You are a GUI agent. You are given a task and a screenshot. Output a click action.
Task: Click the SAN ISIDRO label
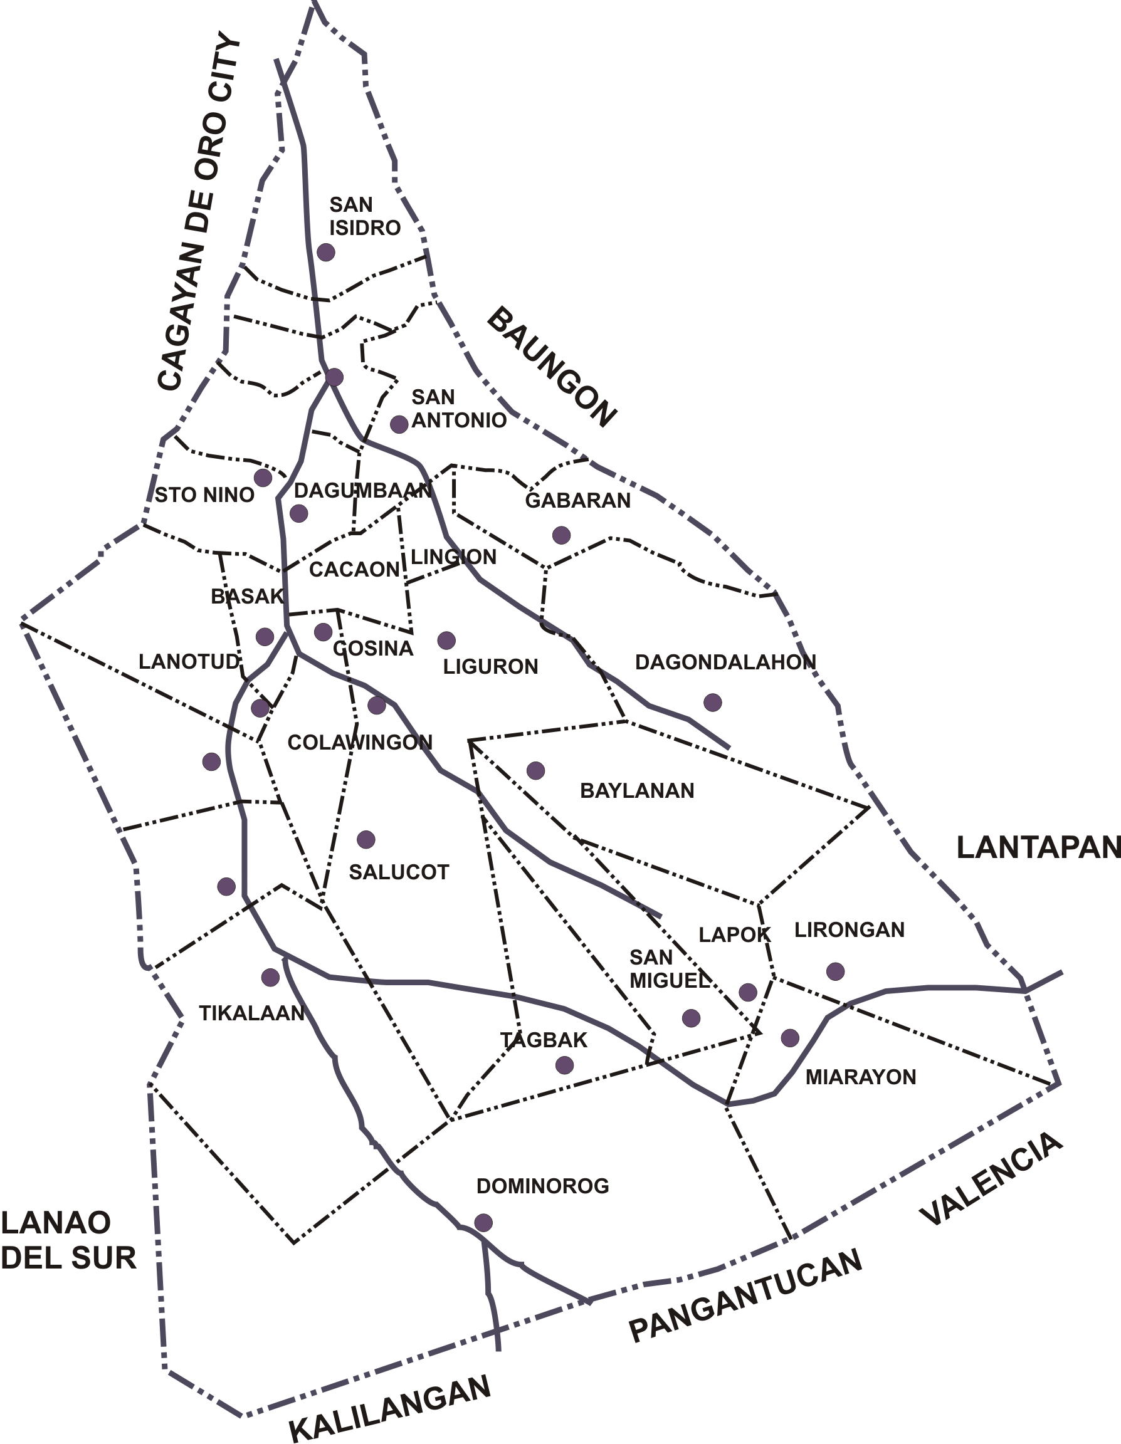[364, 216]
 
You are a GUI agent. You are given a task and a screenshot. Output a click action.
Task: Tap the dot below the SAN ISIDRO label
[326, 252]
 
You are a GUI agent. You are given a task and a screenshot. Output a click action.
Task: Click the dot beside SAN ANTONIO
[399, 424]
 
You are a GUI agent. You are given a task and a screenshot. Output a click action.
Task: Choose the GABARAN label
[577, 501]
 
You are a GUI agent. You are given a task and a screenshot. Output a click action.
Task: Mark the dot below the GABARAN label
[562, 535]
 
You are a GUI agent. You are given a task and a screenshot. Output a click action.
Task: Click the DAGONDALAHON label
[725, 662]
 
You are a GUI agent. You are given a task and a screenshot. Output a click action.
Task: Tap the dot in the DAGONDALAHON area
[712, 702]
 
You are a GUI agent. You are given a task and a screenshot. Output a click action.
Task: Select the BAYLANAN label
[637, 791]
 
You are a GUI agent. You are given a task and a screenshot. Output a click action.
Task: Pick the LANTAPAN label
[1038, 847]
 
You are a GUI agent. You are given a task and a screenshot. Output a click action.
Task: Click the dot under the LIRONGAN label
[835, 971]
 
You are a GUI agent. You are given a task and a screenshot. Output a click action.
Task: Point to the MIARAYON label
[860, 1077]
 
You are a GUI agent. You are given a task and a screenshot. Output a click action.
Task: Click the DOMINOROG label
[542, 1186]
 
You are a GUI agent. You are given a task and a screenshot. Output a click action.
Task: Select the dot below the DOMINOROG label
[483, 1223]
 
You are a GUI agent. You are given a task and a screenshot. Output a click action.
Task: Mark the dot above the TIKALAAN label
[270, 977]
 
